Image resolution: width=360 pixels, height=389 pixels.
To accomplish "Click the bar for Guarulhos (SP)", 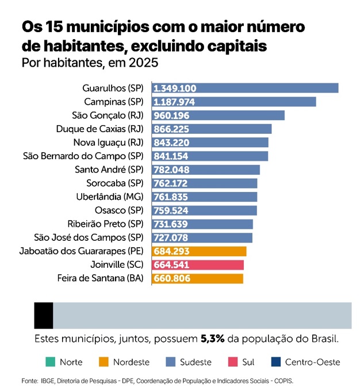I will [x=245, y=88].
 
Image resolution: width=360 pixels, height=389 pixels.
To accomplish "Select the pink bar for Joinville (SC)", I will [x=198, y=265].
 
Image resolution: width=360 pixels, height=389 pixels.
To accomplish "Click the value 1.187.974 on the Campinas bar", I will [x=175, y=102].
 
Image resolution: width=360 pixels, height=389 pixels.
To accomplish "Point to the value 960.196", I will [x=171, y=115].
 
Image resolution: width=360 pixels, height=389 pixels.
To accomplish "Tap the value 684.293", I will [x=171, y=251].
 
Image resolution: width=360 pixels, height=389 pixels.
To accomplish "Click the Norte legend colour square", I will [x=49, y=362].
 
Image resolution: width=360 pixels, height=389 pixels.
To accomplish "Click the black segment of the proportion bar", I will [x=44, y=315].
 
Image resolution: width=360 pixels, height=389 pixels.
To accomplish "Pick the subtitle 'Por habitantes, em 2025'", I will [x=89, y=61].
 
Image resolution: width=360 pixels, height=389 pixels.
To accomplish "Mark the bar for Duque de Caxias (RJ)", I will [x=212, y=129].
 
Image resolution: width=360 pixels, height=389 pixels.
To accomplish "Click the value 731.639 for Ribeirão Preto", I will [x=171, y=224].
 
